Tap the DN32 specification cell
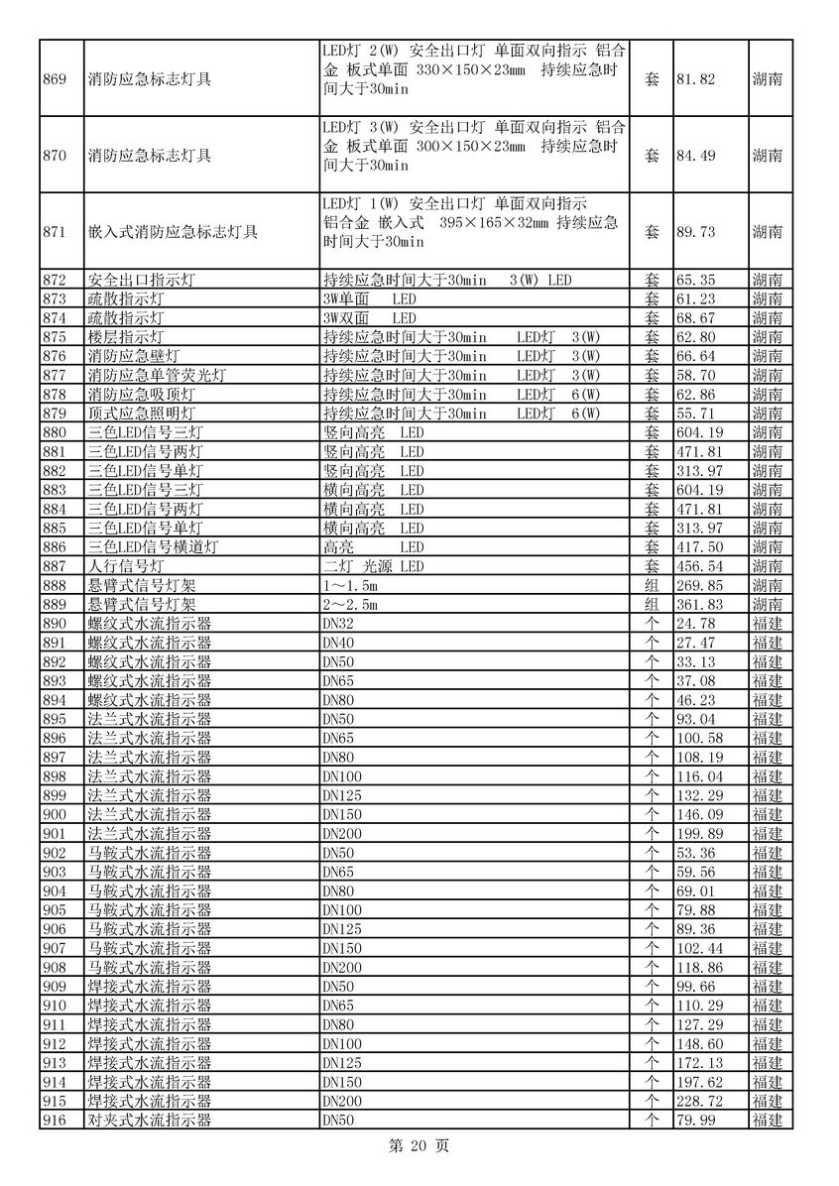pos(338,624)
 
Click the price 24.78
pos(694,624)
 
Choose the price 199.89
pos(698,833)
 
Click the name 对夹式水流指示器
pos(149,1121)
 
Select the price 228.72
pos(698,1102)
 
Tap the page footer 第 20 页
pos(419,1146)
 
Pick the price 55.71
pos(694,414)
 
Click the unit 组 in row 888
pos(652,585)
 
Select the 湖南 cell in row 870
pos(767,156)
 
